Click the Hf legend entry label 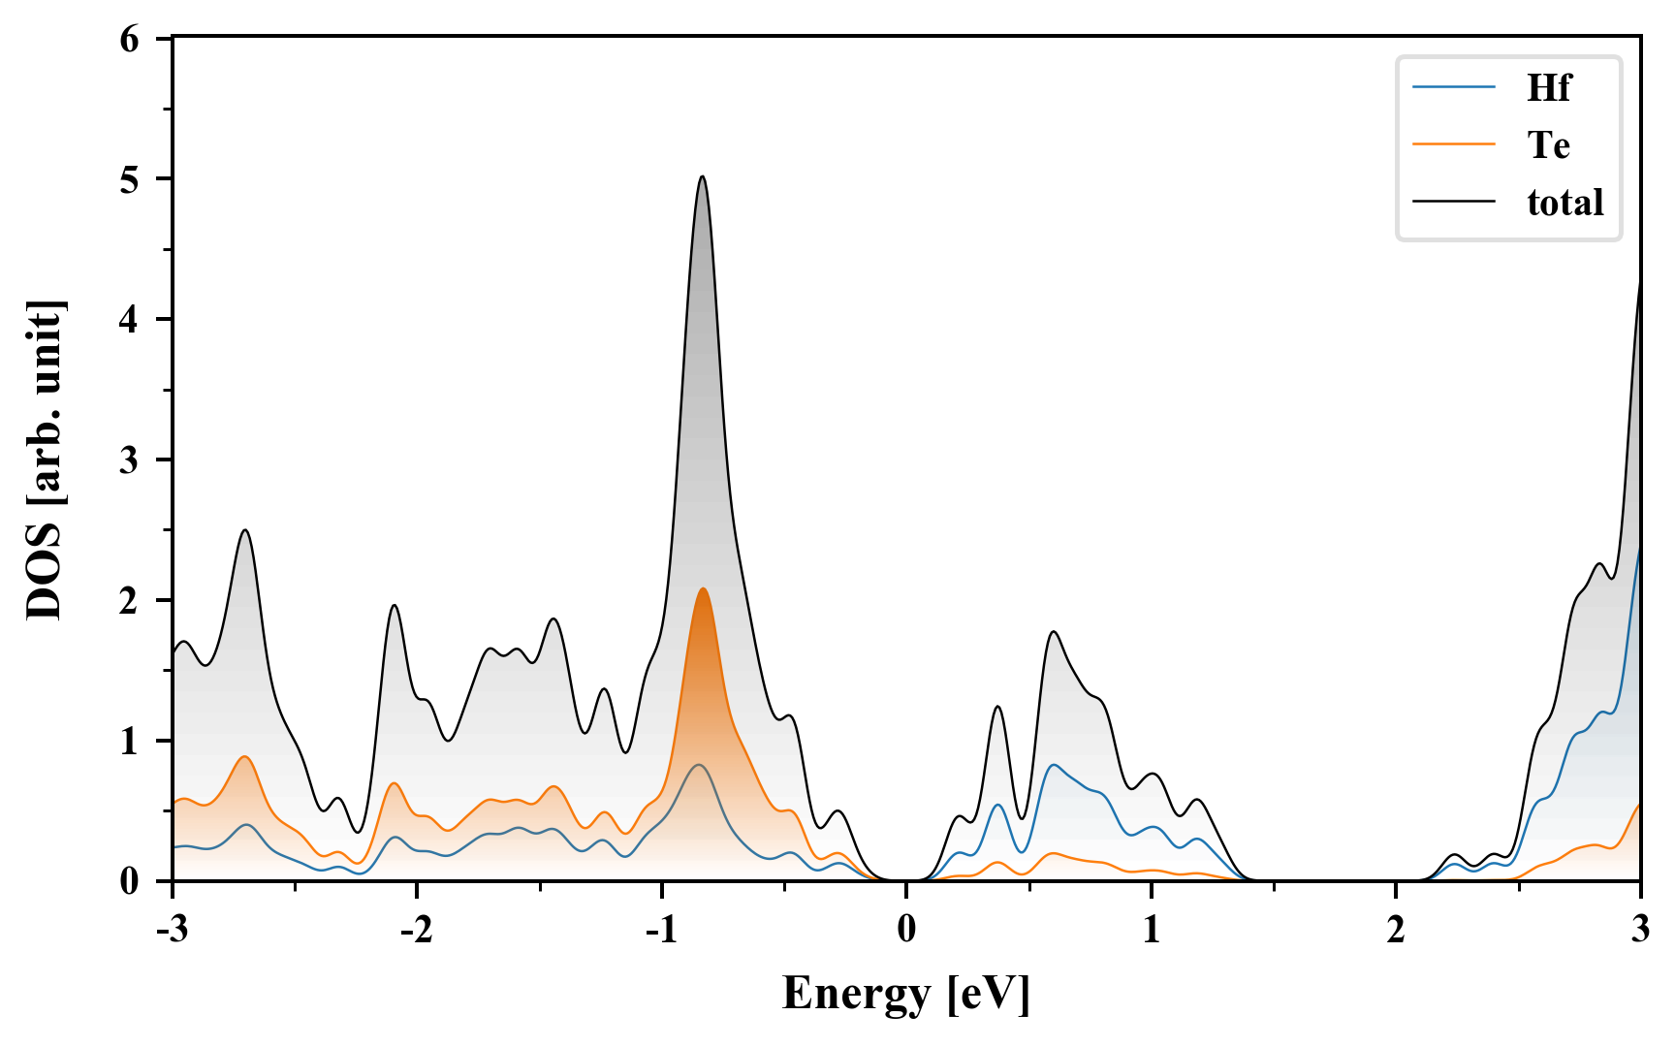[1547, 88]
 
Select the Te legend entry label [1548, 145]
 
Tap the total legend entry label [1564, 203]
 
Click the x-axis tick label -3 [172, 929]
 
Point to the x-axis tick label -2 [416, 929]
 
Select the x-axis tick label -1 [660, 929]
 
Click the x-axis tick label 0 [906, 929]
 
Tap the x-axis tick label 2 [1395, 929]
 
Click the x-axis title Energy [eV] [905, 993]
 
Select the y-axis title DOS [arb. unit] [45, 460]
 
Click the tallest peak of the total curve [703, 177]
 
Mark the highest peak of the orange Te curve [703, 589]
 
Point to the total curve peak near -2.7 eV [245, 530]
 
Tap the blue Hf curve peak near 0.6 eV [1054, 765]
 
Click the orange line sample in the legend [1454, 144]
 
